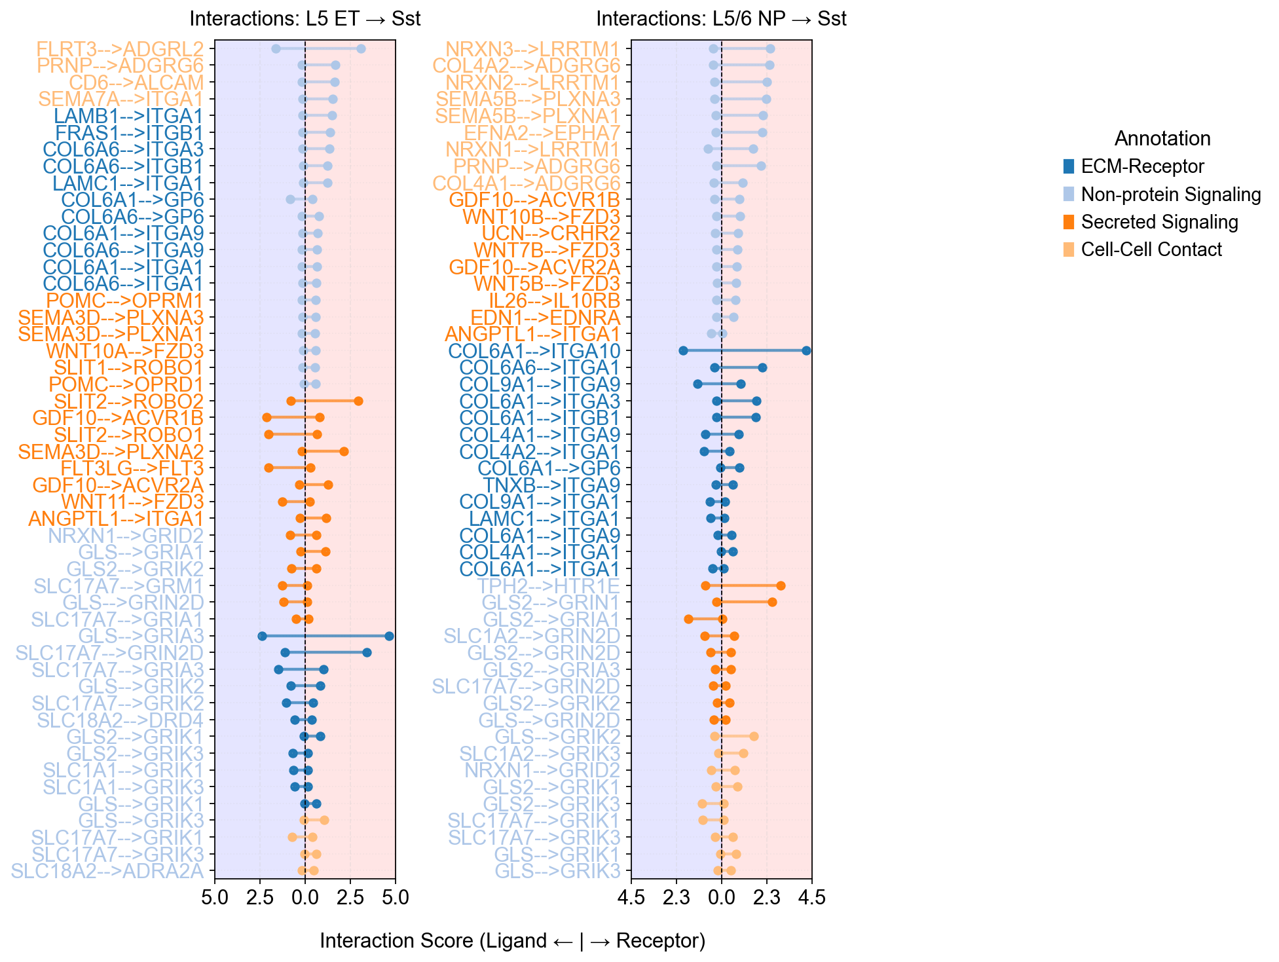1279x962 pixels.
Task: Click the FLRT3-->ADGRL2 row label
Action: point(120,49)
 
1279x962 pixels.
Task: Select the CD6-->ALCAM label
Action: point(136,83)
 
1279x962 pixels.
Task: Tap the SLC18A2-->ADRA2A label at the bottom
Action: point(107,871)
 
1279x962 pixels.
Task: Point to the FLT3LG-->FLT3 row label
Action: point(132,468)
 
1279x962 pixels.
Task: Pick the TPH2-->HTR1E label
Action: point(548,585)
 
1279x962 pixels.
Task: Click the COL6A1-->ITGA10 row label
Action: point(534,351)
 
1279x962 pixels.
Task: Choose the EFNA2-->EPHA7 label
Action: point(551,133)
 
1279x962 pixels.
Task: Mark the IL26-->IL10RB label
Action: point(554,301)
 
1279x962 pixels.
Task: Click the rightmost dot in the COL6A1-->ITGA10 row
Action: point(806,351)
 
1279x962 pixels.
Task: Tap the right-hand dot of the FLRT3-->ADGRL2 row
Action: point(361,49)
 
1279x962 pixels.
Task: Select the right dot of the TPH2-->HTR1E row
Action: point(781,585)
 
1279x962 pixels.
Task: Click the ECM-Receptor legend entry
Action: point(1142,166)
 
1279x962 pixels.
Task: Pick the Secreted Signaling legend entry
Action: point(1159,222)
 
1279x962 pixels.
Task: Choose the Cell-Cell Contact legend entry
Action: point(1151,250)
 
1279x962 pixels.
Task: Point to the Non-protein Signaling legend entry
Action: point(1170,194)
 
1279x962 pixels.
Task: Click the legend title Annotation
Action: point(1162,139)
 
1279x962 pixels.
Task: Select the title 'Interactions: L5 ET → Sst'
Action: point(305,18)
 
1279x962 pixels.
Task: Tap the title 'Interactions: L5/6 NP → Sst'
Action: point(721,18)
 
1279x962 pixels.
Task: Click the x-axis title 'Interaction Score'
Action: point(512,941)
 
